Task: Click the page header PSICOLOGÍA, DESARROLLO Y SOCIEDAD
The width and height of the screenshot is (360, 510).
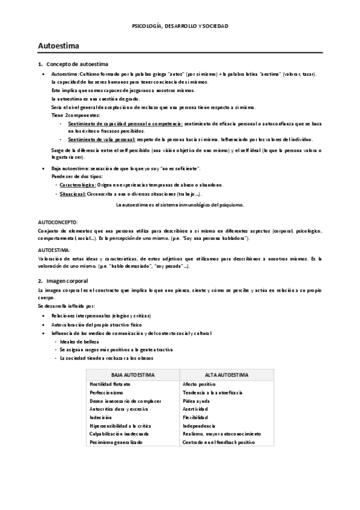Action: click(x=180, y=26)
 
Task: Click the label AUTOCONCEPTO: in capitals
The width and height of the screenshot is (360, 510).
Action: click(x=53, y=222)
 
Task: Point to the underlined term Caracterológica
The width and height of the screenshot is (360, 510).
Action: click(x=77, y=185)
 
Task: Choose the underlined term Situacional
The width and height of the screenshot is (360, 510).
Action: click(x=72, y=195)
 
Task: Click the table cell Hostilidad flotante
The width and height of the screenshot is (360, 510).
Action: click(x=110, y=384)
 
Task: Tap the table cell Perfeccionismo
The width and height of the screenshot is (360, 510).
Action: click(x=106, y=392)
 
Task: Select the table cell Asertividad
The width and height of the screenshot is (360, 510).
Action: click(x=195, y=409)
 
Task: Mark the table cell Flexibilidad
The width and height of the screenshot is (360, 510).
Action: click(x=195, y=417)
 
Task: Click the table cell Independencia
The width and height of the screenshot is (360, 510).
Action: click(x=198, y=426)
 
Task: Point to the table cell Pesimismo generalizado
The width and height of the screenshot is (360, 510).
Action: click(x=116, y=442)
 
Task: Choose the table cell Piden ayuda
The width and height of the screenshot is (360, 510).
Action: click(x=197, y=401)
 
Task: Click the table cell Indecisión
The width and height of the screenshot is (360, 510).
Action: click(x=100, y=417)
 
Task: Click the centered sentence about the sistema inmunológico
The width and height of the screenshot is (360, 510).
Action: click(x=180, y=205)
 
